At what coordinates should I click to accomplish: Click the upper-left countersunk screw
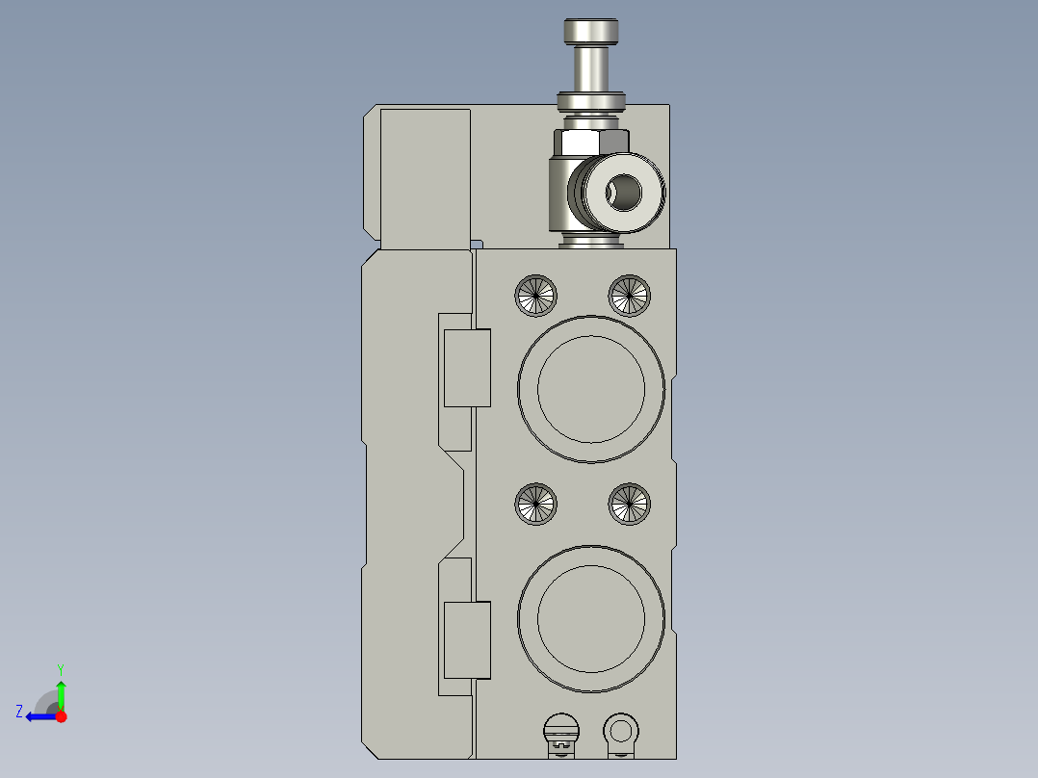tap(536, 295)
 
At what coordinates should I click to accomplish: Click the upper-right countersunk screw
tap(629, 295)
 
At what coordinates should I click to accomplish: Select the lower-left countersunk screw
tap(536, 505)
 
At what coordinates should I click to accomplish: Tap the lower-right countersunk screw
tap(629, 505)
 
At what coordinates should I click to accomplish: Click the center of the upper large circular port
tap(591, 389)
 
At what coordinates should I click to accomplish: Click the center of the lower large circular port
tap(591, 618)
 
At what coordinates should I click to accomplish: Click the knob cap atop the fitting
tap(591, 33)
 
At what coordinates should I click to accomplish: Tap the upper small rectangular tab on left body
tap(467, 367)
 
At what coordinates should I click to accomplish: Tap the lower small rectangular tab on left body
tap(467, 639)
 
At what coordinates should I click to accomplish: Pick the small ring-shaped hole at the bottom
tap(620, 728)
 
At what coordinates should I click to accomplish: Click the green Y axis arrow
tap(61, 691)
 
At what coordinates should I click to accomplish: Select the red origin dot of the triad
tap(61, 716)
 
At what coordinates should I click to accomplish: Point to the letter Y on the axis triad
tap(60, 668)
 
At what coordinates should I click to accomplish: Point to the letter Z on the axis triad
tap(19, 711)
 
